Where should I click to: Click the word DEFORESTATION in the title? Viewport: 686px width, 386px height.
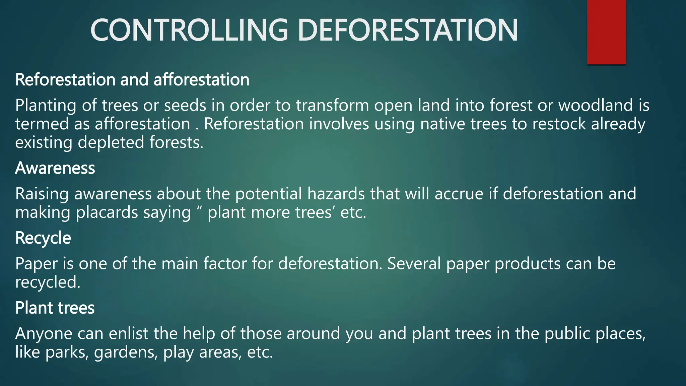[x=407, y=30]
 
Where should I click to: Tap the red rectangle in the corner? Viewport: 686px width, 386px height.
[x=606, y=32]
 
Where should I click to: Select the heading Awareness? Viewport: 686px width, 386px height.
[x=55, y=168]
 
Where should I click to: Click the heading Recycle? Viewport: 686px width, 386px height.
[x=43, y=238]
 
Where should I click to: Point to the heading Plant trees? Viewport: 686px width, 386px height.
[x=55, y=308]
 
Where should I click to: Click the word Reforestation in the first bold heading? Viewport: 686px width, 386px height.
[x=65, y=80]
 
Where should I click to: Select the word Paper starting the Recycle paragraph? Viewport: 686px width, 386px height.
[x=36, y=264]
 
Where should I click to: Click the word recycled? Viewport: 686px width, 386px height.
[x=48, y=282]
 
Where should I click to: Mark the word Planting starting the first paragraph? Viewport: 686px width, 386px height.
[x=46, y=106]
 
